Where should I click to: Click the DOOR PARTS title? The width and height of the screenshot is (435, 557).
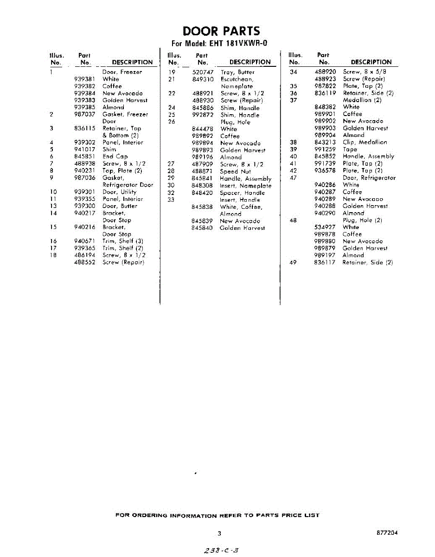221,31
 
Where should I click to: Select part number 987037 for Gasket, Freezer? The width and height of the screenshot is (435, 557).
84,114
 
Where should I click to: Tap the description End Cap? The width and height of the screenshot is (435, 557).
115,157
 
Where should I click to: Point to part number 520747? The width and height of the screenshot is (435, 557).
203,72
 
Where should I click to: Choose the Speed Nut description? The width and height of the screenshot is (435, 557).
235,172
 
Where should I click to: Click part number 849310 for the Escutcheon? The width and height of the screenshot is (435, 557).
203,79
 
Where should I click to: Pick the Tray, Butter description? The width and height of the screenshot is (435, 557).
237,72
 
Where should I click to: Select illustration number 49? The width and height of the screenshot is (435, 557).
293,262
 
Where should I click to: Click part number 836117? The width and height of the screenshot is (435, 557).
325,262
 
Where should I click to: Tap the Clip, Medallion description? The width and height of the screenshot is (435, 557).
365,142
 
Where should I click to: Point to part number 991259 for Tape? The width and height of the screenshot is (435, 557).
325,149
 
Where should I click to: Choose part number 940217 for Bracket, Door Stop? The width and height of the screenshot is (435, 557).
84,213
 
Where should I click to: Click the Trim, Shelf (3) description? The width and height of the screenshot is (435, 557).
123,241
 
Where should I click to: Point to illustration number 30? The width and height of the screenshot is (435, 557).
171,186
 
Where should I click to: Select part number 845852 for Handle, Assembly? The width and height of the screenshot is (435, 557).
325,156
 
